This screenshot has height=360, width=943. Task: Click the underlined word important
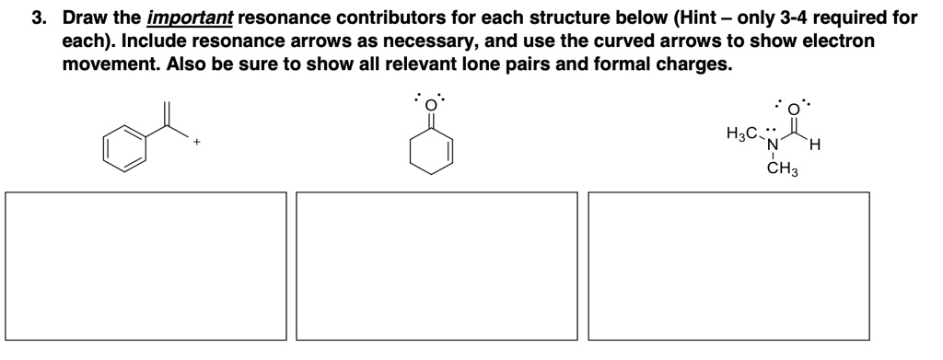coord(182,18)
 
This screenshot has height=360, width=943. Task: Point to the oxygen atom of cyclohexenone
coord(429,103)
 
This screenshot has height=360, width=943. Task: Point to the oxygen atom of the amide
coord(797,104)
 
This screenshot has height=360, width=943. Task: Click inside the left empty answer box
coord(146,266)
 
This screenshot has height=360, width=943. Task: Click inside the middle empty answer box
coord(437,266)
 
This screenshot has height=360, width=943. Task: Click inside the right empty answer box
coord(728,266)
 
